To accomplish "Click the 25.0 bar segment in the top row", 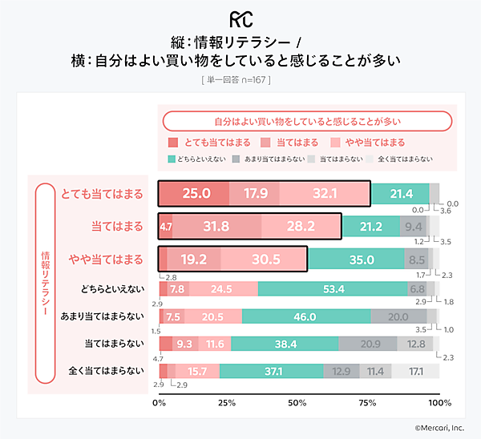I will (x=195, y=194).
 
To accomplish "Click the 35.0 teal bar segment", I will (x=356, y=260).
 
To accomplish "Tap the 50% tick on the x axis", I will (x=299, y=402).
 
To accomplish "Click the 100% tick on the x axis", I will (x=439, y=402).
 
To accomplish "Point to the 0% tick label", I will (x=160, y=402).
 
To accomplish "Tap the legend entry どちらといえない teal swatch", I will (x=172, y=159).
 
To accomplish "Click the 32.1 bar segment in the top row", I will (x=324, y=194).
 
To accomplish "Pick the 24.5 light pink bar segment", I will (x=224, y=288).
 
